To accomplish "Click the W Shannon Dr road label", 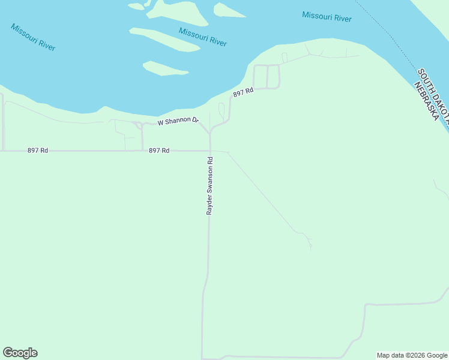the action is point(178,121).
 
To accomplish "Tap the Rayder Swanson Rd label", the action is point(209,186).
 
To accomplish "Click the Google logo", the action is point(20,353).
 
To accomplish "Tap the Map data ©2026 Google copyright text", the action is point(412,355).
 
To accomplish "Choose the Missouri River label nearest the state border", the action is point(327,17).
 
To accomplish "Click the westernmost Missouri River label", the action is point(33,37).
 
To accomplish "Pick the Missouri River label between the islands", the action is point(202,36).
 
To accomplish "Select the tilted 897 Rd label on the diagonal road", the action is point(244,92).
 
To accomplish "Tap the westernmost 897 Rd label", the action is point(37,151).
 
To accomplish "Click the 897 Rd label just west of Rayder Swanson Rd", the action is point(159,151).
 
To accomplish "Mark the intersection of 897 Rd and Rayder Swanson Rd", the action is point(209,151).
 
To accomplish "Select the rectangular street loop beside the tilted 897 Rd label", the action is point(267,76).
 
